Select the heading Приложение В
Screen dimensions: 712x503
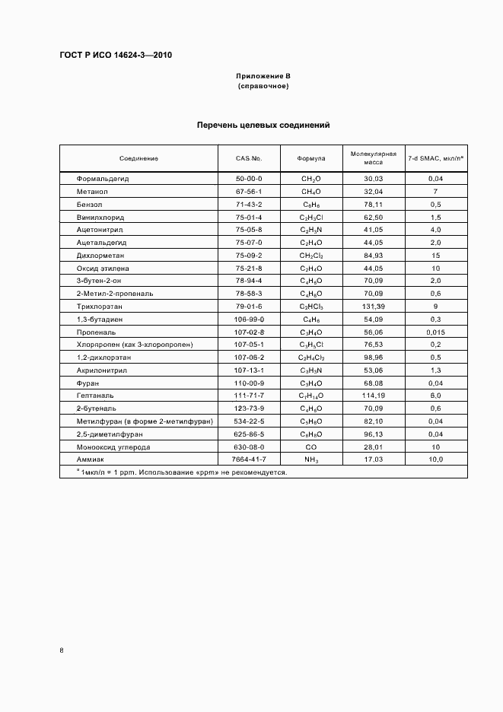click(x=263, y=77)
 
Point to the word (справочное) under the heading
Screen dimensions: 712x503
click(x=263, y=87)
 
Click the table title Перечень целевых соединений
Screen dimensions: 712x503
click(x=263, y=125)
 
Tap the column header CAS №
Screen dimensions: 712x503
click(x=249, y=158)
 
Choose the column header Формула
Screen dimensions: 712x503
click(x=312, y=158)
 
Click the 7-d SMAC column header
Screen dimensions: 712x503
click(x=436, y=158)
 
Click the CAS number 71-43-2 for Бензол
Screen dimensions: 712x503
click(x=249, y=204)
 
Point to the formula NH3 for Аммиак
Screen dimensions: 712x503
click(x=312, y=459)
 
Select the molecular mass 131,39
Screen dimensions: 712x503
click(x=373, y=306)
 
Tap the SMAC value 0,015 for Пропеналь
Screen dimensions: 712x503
click(x=436, y=332)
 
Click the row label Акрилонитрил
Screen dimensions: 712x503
click(x=100, y=370)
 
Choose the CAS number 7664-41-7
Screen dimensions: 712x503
click(x=249, y=459)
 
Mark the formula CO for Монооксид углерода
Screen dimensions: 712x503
click(x=312, y=447)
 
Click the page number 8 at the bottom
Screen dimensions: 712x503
click(x=62, y=650)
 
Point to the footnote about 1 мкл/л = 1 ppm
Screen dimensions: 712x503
click(x=177, y=472)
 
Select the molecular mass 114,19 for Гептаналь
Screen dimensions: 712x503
click(x=373, y=396)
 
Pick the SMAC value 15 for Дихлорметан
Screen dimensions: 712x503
click(x=436, y=255)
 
